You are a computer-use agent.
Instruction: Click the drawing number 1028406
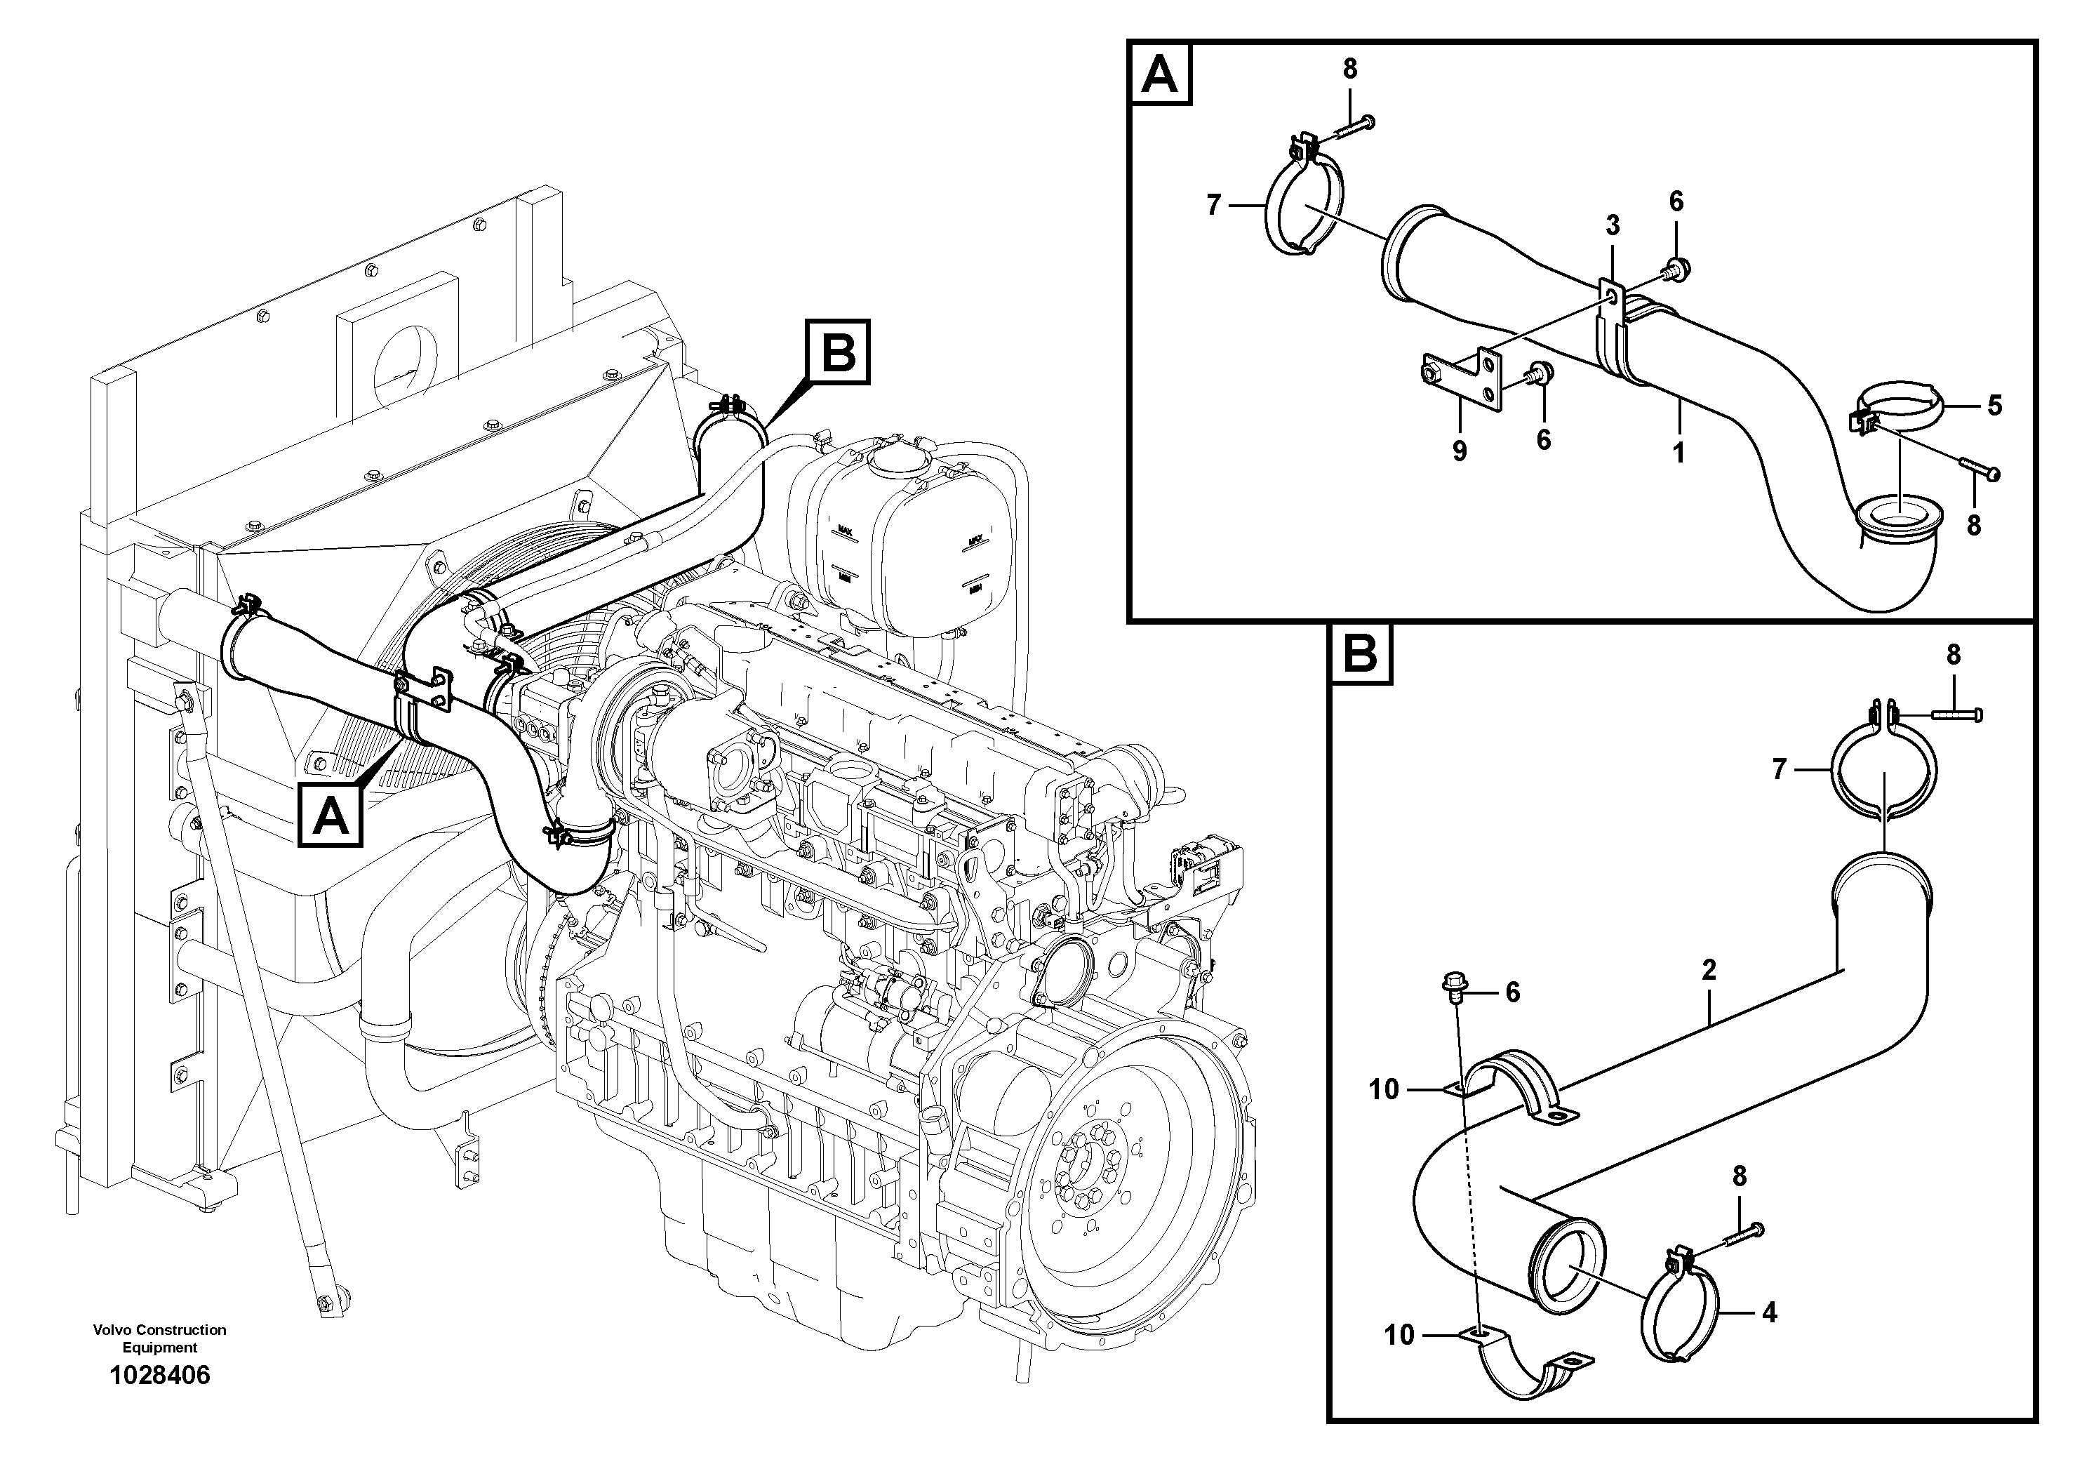click(x=159, y=1375)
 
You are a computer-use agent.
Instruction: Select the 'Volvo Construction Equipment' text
click(x=159, y=1338)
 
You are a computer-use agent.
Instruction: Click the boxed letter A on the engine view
click(x=331, y=816)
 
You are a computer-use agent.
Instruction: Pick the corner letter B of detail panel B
click(x=1360, y=653)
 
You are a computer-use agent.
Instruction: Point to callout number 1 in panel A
click(x=1678, y=452)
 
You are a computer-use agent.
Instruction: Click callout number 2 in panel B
click(x=1709, y=970)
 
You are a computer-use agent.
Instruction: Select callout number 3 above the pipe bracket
click(x=1613, y=225)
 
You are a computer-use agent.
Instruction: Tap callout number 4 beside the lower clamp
click(x=1769, y=1312)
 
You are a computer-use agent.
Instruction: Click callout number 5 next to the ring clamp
click(x=1994, y=405)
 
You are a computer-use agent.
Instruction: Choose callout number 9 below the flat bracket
click(x=1460, y=451)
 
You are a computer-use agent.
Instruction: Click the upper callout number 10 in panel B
click(x=1383, y=1089)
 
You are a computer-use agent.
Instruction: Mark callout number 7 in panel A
click(x=1212, y=206)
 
